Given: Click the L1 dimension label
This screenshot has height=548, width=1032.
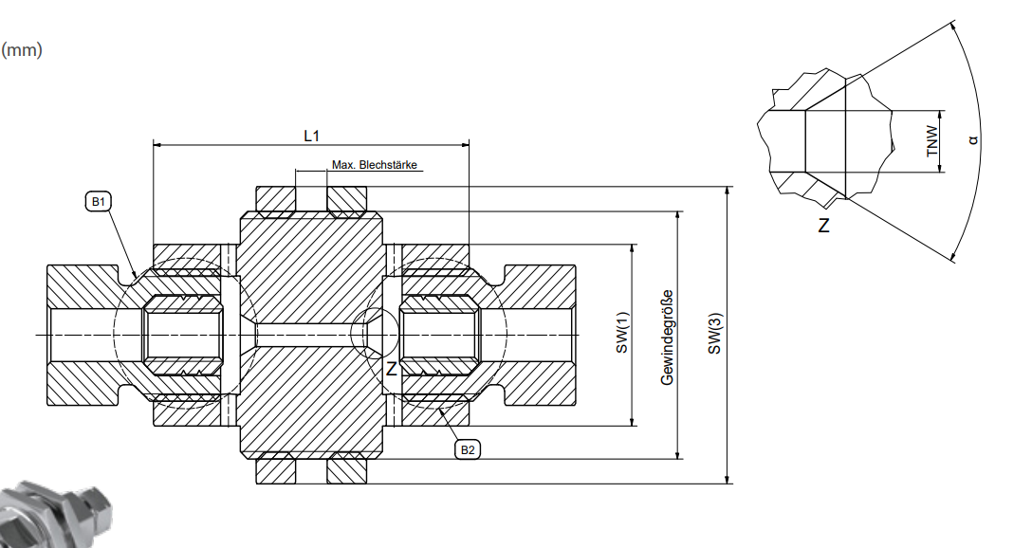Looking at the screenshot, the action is coord(311,136).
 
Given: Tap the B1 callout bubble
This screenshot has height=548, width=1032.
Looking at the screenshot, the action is coord(98,201).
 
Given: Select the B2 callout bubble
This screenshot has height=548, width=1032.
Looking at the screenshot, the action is coord(468,449).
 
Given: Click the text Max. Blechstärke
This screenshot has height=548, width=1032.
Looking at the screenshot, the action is coord(375,164).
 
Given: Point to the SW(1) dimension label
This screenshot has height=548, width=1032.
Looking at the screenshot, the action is coord(622,332).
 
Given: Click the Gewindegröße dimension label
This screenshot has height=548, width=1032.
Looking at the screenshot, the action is coord(668,338).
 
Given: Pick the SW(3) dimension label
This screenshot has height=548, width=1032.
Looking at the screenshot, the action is coord(715,333).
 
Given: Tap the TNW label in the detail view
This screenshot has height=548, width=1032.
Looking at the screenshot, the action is coord(932,141).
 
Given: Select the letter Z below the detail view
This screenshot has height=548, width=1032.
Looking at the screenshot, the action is coord(823,226).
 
